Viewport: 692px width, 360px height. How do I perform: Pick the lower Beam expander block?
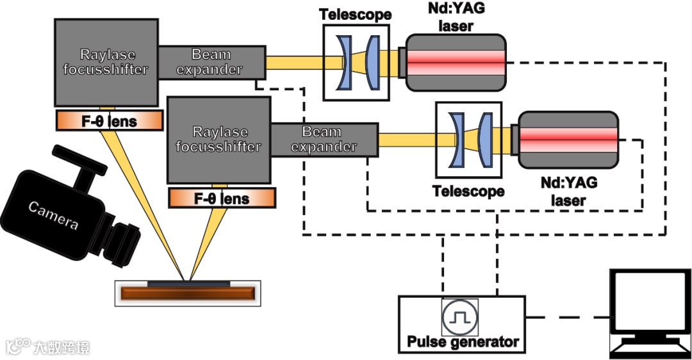tap(324, 139)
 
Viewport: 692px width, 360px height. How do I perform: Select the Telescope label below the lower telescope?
tap(468, 191)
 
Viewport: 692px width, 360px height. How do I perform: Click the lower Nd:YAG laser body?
tap(568, 135)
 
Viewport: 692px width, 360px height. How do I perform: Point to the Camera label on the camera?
tap(53, 215)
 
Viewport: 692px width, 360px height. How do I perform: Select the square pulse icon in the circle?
tap(459, 316)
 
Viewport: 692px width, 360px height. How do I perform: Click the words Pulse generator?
tap(463, 342)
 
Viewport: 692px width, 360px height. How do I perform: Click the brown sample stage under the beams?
tap(187, 294)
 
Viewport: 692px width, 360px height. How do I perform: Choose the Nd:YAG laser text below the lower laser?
tap(568, 191)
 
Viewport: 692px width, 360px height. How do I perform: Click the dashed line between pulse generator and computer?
tap(566, 317)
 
